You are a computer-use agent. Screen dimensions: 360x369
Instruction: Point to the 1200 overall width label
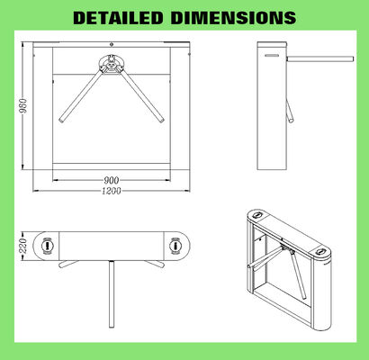point(112,191)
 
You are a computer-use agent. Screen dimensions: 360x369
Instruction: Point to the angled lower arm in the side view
point(290,112)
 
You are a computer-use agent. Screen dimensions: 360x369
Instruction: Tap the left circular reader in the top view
point(46,244)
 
